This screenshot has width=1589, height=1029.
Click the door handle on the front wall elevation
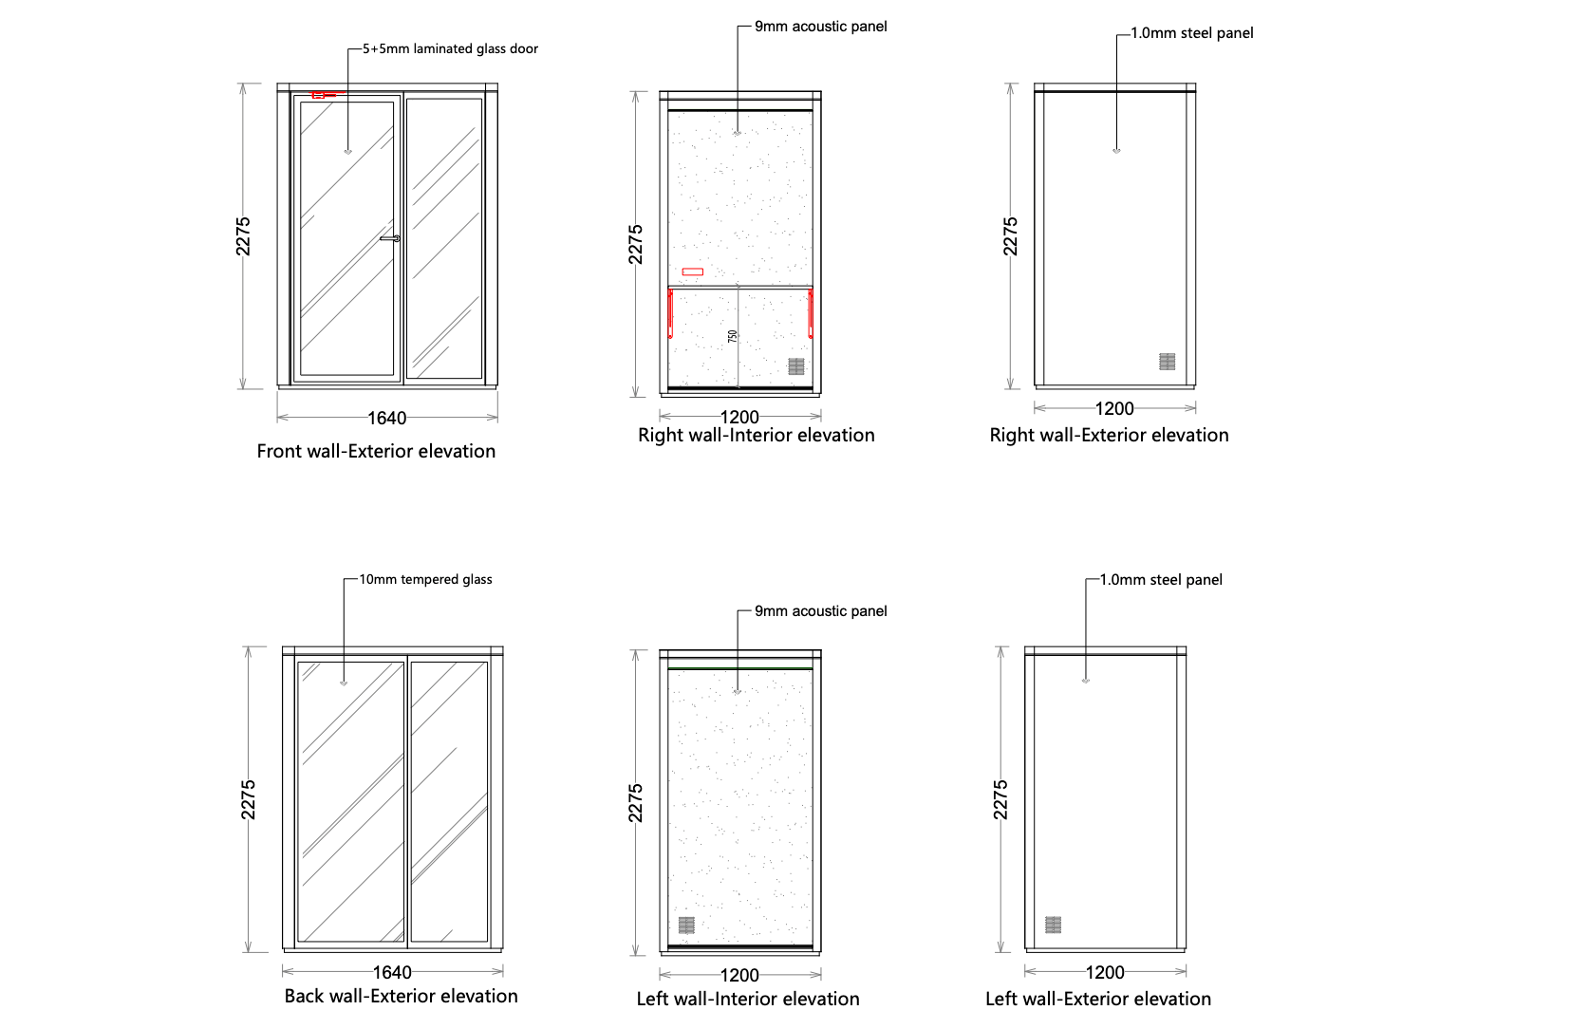pyautogui.click(x=390, y=238)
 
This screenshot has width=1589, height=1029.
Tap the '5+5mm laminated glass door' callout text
pyautogui.click(x=450, y=48)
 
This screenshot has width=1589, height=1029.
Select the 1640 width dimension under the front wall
pyautogui.click(x=387, y=418)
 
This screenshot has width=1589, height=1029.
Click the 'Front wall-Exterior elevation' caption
pyautogui.click(x=376, y=451)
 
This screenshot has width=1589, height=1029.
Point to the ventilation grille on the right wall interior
pyautogui.click(x=796, y=366)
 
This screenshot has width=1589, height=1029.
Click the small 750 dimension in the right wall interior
pyautogui.click(x=732, y=336)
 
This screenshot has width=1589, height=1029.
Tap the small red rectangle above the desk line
pyautogui.click(x=693, y=271)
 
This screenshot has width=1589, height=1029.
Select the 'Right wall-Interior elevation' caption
pyautogui.click(x=756, y=435)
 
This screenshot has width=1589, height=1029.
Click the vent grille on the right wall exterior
pyautogui.click(x=1168, y=362)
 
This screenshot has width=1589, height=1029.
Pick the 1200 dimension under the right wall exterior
pyautogui.click(x=1114, y=408)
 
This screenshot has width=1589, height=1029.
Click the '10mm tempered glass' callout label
pyautogui.click(x=425, y=579)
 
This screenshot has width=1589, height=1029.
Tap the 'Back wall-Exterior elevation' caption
pyautogui.click(x=401, y=996)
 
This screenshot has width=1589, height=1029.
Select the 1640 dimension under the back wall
pyautogui.click(x=392, y=972)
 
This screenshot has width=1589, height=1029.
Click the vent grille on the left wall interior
pyautogui.click(x=686, y=925)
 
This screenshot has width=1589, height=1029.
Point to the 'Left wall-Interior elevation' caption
pyautogui.click(x=748, y=999)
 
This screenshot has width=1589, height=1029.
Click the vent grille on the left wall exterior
pyautogui.click(x=1053, y=925)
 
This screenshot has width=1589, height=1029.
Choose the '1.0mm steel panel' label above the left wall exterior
pyautogui.click(x=1161, y=580)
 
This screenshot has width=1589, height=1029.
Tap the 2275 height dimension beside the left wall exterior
pyautogui.click(x=1000, y=799)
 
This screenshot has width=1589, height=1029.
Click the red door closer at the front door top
pyautogui.click(x=320, y=95)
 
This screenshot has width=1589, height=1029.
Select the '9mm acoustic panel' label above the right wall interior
pyautogui.click(x=821, y=27)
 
